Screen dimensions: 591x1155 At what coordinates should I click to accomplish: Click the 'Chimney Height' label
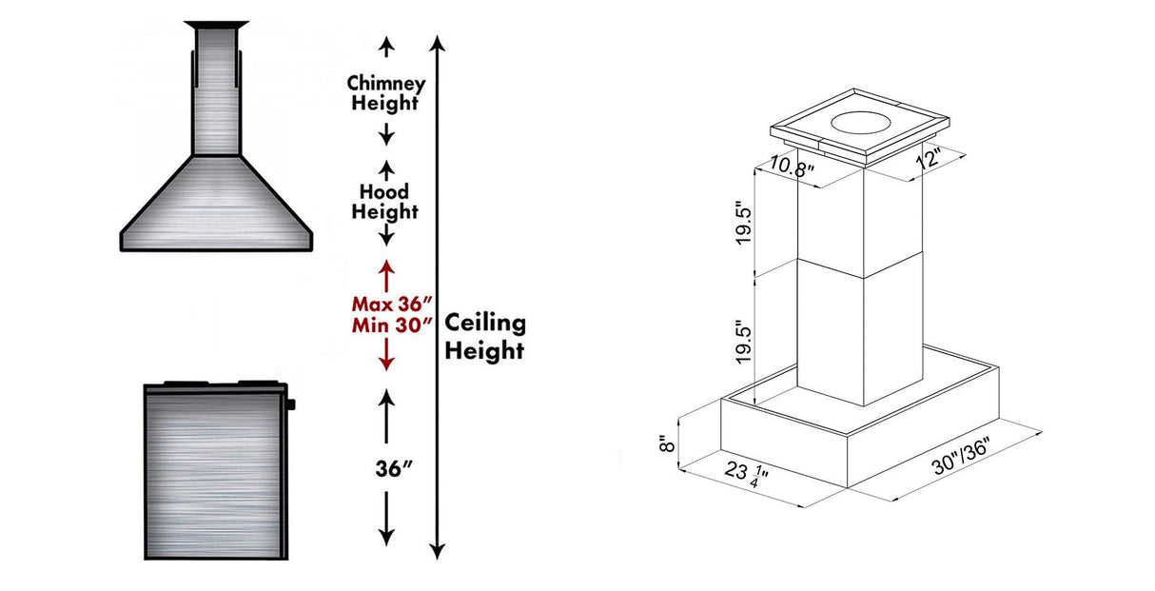click(x=385, y=93)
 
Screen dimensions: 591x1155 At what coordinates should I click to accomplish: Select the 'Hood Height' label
click(x=385, y=202)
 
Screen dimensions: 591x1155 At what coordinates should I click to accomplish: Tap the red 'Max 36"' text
click(x=388, y=305)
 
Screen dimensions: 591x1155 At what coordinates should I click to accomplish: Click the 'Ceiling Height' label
click(x=485, y=336)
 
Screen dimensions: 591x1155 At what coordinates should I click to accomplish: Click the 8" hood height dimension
click(x=668, y=443)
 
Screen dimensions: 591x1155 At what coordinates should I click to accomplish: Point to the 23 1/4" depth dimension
click(x=748, y=474)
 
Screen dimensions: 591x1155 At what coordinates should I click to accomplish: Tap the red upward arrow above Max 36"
click(x=387, y=276)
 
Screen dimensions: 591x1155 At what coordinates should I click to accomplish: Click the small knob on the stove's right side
click(x=291, y=404)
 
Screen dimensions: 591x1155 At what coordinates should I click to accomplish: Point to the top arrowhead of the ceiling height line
click(x=437, y=43)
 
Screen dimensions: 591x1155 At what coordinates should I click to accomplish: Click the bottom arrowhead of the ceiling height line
click(x=437, y=551)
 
